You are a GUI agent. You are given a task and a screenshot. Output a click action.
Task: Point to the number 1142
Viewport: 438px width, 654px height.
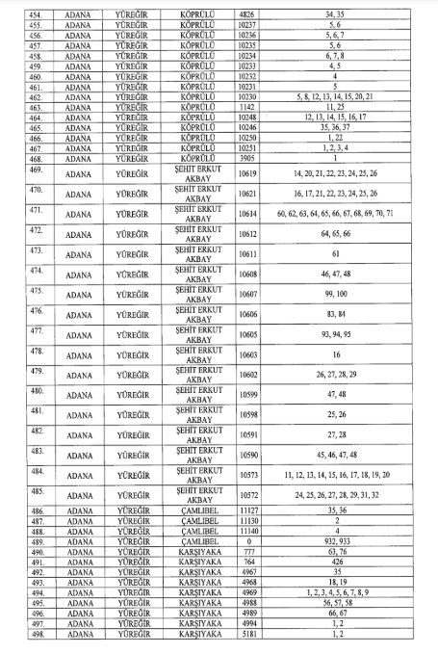[247, 108]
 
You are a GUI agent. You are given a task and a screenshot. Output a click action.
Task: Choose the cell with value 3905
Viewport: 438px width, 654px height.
[247, 158]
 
